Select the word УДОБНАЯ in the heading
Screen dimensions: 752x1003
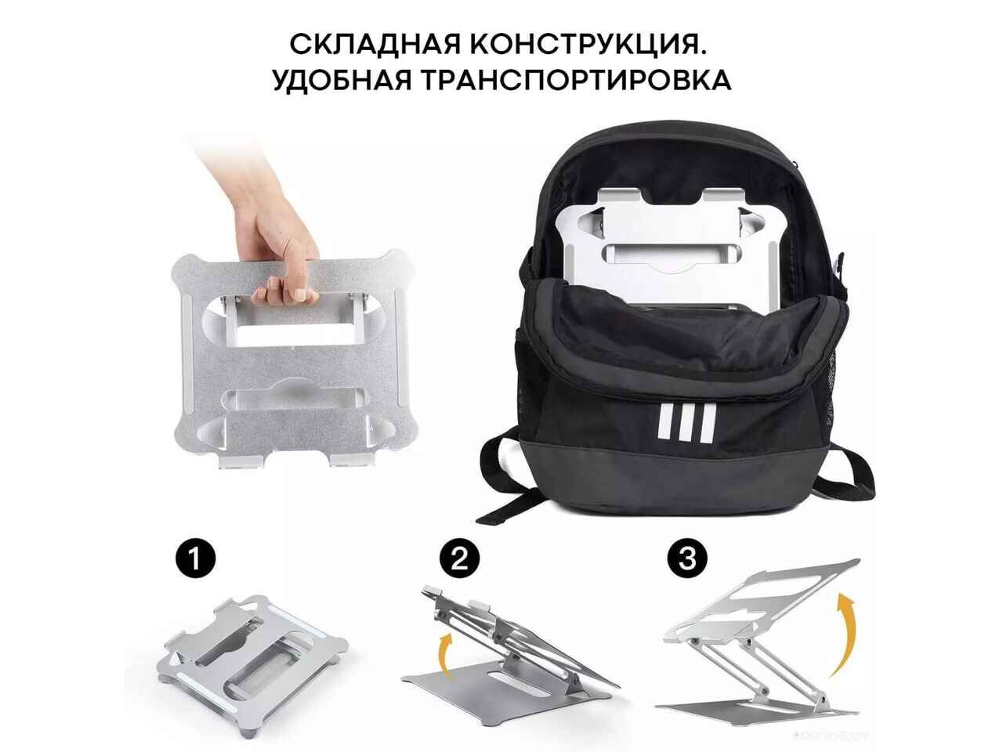[x=342, y=80]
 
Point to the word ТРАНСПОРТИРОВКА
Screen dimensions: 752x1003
[x=575, y=80]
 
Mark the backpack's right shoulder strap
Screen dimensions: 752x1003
[x=850, y=470]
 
